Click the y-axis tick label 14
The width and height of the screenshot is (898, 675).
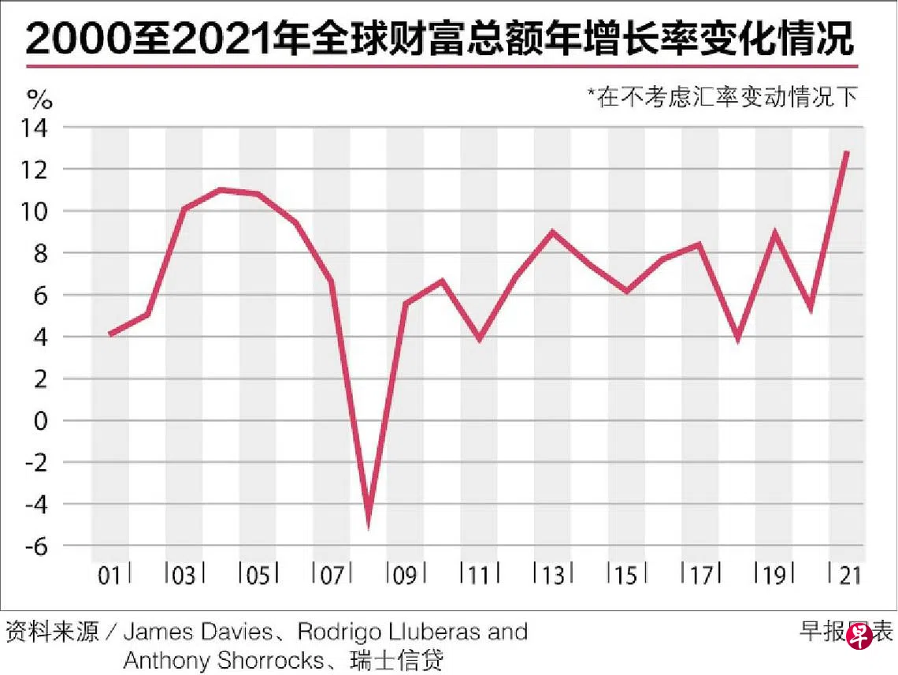click(39, 128)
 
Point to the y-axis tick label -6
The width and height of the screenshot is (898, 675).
click(39, 545)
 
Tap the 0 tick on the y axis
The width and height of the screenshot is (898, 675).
click(44, 420)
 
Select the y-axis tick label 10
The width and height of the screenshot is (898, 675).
click(39, 211)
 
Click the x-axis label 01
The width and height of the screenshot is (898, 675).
click(110, 576)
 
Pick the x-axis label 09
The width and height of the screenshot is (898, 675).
click(405, 576)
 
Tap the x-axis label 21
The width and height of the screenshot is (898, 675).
click(848, 576)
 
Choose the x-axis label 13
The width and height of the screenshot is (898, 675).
click(553, 576)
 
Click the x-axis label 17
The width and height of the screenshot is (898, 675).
click(700, 576)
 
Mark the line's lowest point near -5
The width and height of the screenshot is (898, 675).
click(369, 521)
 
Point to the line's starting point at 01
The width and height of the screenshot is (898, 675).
click(110, 334)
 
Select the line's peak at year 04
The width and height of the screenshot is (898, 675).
click(221, 190)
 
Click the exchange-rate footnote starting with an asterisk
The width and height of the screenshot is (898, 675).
click(722, 97)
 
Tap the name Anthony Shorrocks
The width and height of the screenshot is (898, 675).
click(223, 659)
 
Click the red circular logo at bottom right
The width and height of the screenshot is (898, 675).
click(859, 634)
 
